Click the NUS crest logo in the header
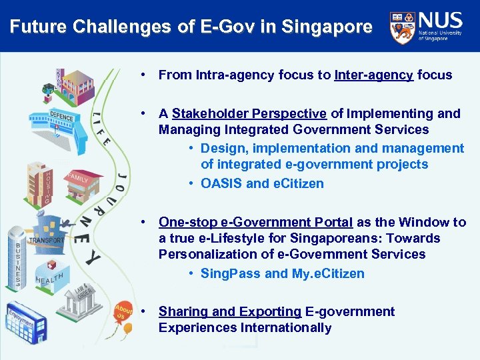tap(403, 26)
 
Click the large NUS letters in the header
tap(441, 19)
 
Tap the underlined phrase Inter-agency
tap(374, 75)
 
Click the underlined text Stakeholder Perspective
tap(249, 113)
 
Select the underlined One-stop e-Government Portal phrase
tap(255, 222)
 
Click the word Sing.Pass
tap(231, 273)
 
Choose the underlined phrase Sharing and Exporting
tap(230, 311)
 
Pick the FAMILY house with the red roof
tap(81, 185)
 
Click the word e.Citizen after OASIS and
tap(299, 183)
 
